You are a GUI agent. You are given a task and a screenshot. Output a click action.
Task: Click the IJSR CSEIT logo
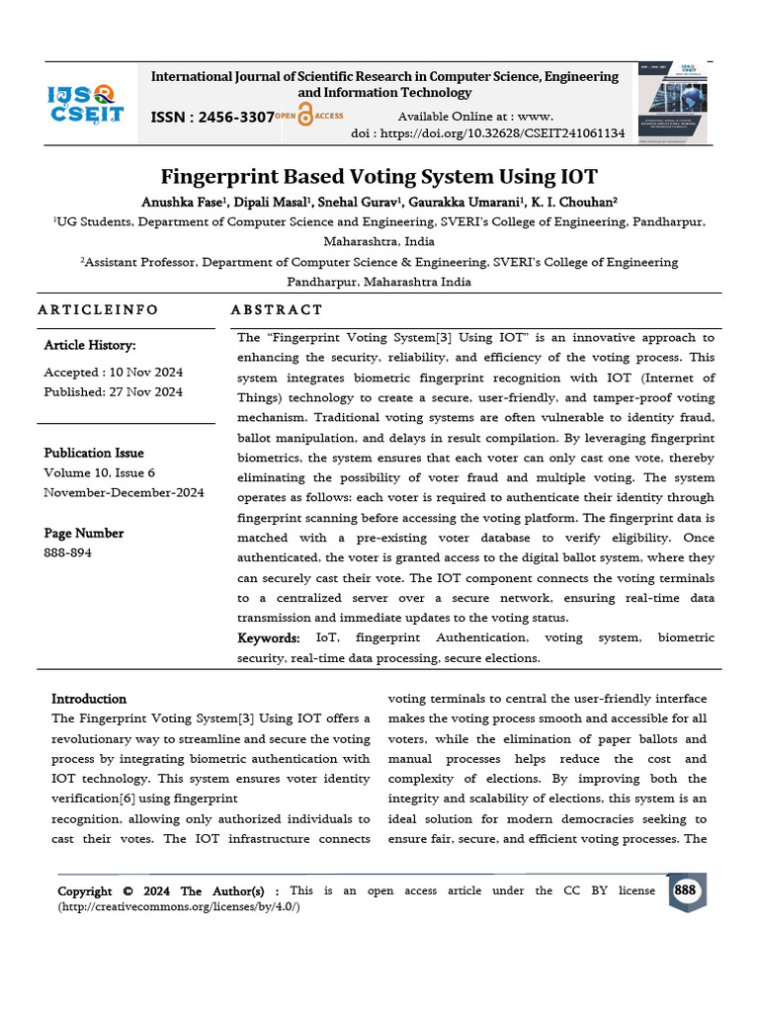[86, 103]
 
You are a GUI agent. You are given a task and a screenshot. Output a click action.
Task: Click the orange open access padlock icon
[306, 117]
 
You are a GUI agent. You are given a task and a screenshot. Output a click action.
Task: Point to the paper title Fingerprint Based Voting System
[379, 177]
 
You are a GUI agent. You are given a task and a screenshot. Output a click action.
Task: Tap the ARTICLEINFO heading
[98, 309]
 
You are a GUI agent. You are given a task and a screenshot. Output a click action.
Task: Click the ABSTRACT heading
[277, 309]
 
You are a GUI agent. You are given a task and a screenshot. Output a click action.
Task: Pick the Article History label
[90, 346]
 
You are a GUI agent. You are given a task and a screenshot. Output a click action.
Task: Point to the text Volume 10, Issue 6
[99, 472]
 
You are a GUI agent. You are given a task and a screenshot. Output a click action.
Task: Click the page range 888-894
[67, 552]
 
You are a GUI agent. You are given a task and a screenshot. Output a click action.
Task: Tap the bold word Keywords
[268, 638]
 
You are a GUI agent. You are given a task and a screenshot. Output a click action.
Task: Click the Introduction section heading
[89, 699]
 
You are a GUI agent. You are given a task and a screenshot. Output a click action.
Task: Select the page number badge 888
[684, 891]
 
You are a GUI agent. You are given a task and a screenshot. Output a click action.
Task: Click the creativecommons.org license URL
[179, 907]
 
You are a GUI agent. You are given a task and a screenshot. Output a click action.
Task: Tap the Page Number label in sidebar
[84, 534]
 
